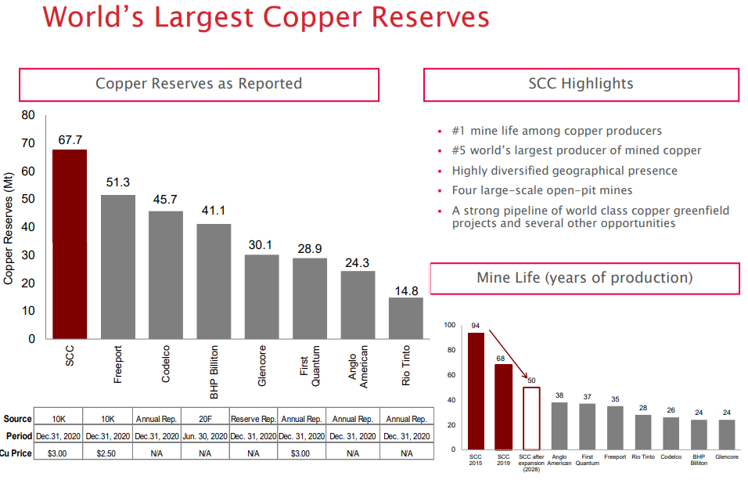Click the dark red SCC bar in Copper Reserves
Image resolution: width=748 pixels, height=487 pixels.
(x=70, y=243)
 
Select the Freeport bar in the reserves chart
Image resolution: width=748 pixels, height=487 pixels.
(x=118, y=266)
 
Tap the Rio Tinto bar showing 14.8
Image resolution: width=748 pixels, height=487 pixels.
(x=405, y=318)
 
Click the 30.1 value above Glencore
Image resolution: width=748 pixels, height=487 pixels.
(x=261, y=244)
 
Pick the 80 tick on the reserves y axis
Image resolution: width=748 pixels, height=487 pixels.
(x=28, y=115)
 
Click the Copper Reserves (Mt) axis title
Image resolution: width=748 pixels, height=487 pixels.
(x=9, y=227)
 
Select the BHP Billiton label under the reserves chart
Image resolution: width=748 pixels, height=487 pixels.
(x=214, y=363)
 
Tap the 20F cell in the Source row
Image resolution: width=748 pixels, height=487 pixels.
(x=205, y=419)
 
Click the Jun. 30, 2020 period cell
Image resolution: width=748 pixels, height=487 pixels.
(x=205, y=436)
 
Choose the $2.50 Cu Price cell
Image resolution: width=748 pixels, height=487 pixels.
(x=108, y=453)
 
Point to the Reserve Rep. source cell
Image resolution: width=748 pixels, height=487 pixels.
(x=253, y=419)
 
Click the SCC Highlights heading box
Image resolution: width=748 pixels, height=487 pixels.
(x=581, y=85)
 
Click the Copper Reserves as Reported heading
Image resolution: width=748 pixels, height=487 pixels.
(x=199, y=85)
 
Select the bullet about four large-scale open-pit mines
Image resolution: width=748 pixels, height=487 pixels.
(x=542, y=190)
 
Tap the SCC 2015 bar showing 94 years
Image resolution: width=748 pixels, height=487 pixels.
(x=476, y=391)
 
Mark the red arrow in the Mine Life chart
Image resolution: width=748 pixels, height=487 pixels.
(x=509, y=356)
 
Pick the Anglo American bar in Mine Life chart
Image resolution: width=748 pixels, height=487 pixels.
(x=559, y=426)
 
